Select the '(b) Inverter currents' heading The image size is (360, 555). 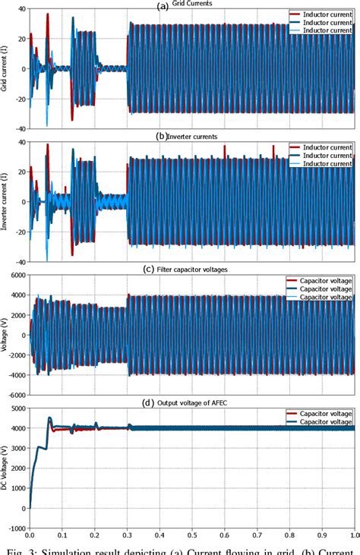pos(186,137)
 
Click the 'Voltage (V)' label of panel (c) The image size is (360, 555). pos(5,335)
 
